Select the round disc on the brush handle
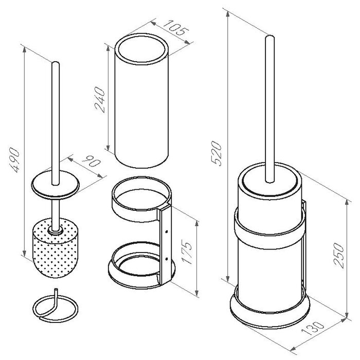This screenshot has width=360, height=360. pos(56,184)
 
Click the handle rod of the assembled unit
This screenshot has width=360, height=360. pos(268,108)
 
